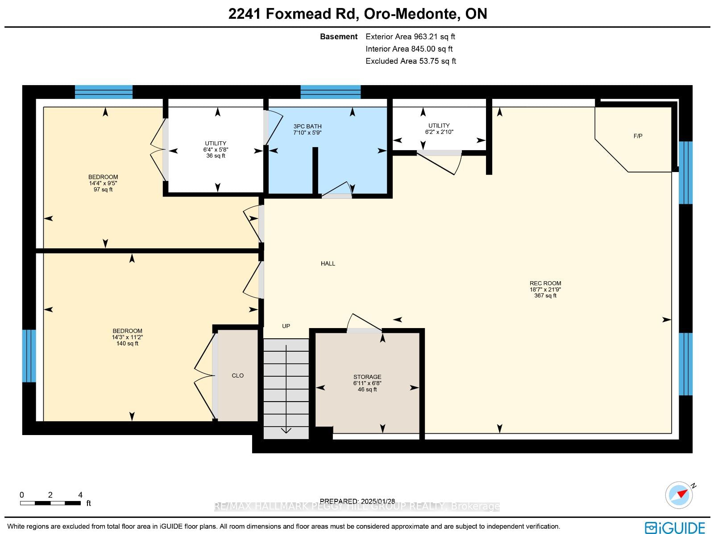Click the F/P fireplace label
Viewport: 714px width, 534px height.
(x=638, y=136)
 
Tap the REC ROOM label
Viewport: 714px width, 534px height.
(x=545, y=283)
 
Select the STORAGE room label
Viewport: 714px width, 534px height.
(x=367, y=377)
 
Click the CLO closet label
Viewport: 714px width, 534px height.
(x=237, y=375)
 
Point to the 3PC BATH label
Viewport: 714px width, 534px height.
(x=307, y=126)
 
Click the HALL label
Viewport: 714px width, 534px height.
(x=328, y=263)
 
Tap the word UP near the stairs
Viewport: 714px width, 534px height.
(x=286, y=326)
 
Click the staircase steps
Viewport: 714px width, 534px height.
(x=286, y=389)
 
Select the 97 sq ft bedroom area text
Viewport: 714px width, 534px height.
(x=103, y=189)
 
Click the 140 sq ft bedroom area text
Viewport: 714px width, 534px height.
(x=127, y=343)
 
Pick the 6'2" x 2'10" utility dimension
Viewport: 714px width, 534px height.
(x=439, y=132)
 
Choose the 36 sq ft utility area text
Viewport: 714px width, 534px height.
(x=216, y=156)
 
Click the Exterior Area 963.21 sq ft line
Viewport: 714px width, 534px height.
(x=410, y=37)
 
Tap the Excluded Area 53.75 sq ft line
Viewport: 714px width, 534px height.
(x=411, y=61)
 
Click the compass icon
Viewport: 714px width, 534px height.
(x=679, y=495)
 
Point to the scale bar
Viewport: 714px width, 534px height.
(x=50, y=503)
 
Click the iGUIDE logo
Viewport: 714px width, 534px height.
(x=675, y=527)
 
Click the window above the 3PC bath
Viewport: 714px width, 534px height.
(x=331, y=92)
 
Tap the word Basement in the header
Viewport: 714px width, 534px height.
(x=339, y=37)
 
